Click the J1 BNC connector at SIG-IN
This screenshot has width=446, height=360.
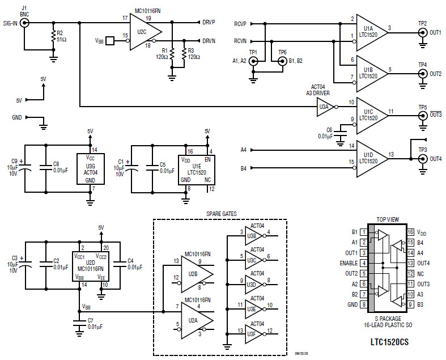[26, 23]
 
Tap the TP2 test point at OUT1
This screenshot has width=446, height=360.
[422, 33]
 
